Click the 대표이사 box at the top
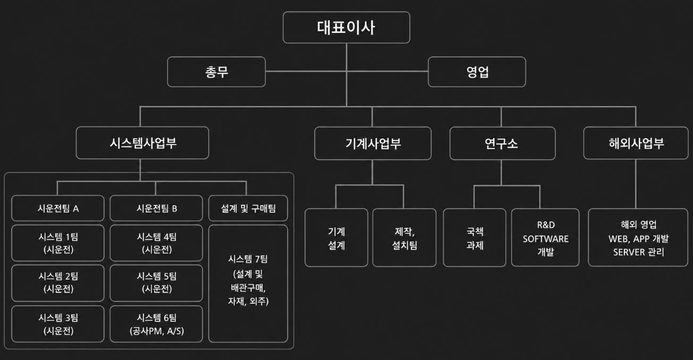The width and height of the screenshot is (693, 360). [x=346, y=27]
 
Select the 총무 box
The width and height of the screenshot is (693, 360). [x=216, y=72]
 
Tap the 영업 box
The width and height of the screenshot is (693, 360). [x=477, y=72]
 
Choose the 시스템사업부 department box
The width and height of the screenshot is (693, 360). [x=142, y=143]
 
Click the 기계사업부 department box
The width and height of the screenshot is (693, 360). [x=373, y=144]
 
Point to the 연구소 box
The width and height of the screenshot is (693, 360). [x=502, y=144]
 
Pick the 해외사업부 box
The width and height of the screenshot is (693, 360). [x=636, y=143]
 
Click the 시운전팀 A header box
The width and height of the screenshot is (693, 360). [x=58, y=208]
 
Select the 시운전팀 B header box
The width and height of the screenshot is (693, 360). [x=156, y=208]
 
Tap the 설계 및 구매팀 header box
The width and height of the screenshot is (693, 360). [x=248, y=208]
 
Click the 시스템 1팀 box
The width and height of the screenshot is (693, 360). [x=58, y=243]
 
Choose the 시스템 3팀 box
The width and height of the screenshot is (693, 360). [x=58, y=324]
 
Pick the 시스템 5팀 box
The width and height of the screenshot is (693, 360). [x=156, y=282]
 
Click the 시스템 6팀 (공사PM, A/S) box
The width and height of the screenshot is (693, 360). [x=156, y=324]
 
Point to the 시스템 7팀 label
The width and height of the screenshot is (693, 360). [x=248, y=259]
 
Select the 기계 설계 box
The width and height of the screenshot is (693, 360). [x=336, y=238]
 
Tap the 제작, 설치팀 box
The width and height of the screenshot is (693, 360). [x=404, y=238]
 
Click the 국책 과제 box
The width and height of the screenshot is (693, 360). [x=475, y=238]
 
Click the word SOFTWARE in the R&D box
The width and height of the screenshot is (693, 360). [x=546, y=239]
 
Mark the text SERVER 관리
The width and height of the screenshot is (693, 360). [x=639, y=252]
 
